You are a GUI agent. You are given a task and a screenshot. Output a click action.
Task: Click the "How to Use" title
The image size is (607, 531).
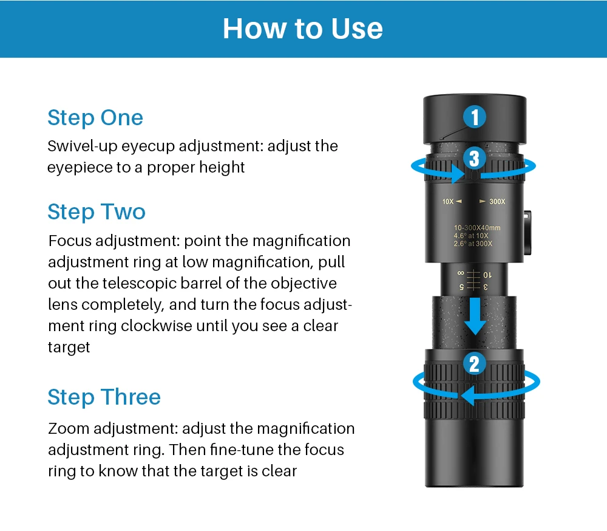point(303,29)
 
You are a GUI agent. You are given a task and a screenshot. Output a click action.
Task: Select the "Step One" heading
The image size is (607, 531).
point(95,118)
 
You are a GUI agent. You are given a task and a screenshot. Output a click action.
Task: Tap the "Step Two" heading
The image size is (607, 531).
point(97,211)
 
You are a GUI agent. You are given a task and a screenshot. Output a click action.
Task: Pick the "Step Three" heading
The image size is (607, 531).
point(104,397)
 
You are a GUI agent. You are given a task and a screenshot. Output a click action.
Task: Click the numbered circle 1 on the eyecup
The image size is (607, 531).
point(475,117)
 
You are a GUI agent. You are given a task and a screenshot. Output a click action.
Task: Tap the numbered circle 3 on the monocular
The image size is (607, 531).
point(475,158)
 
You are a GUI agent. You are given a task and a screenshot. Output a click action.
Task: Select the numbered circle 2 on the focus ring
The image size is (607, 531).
point(475,363)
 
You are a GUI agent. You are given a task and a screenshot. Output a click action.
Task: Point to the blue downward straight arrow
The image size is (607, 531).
point(475,317)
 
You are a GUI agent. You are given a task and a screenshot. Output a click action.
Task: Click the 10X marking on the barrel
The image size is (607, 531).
point(448,202)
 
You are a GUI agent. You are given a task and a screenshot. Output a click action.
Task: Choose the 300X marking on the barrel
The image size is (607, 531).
point(497,202)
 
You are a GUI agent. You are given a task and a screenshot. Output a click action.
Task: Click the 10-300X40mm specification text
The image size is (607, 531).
point(477,228)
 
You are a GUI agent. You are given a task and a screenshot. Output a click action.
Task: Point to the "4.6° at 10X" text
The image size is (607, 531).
point(471,236)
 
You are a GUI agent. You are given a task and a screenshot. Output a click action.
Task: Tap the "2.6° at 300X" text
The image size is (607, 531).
point(473,244)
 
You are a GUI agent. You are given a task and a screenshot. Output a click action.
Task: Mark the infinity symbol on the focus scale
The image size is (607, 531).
point(461,273)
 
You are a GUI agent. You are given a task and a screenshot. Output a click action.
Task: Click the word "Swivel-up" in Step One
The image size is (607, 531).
point(82,147)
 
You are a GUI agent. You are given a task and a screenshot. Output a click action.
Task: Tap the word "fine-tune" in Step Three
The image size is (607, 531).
point(242,450)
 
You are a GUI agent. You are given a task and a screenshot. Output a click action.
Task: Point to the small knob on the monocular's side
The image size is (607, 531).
point(527,233)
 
